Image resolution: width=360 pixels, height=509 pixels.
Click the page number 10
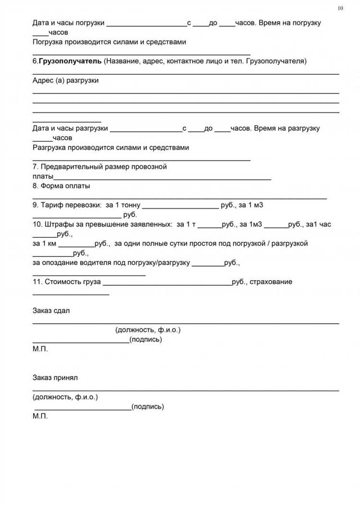point(341,8)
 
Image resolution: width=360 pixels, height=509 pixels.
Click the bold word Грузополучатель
point(70,61)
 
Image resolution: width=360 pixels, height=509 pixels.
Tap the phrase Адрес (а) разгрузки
point(66,80)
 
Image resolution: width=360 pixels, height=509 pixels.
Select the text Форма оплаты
point(65,186)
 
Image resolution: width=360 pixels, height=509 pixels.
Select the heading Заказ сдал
point(51,311)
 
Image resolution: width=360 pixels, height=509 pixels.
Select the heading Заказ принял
point(55,378)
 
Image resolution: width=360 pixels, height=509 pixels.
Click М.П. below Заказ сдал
point(40,349)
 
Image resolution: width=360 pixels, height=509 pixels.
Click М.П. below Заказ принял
point(40,416)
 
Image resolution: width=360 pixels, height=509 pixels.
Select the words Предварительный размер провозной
point(104,167)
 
